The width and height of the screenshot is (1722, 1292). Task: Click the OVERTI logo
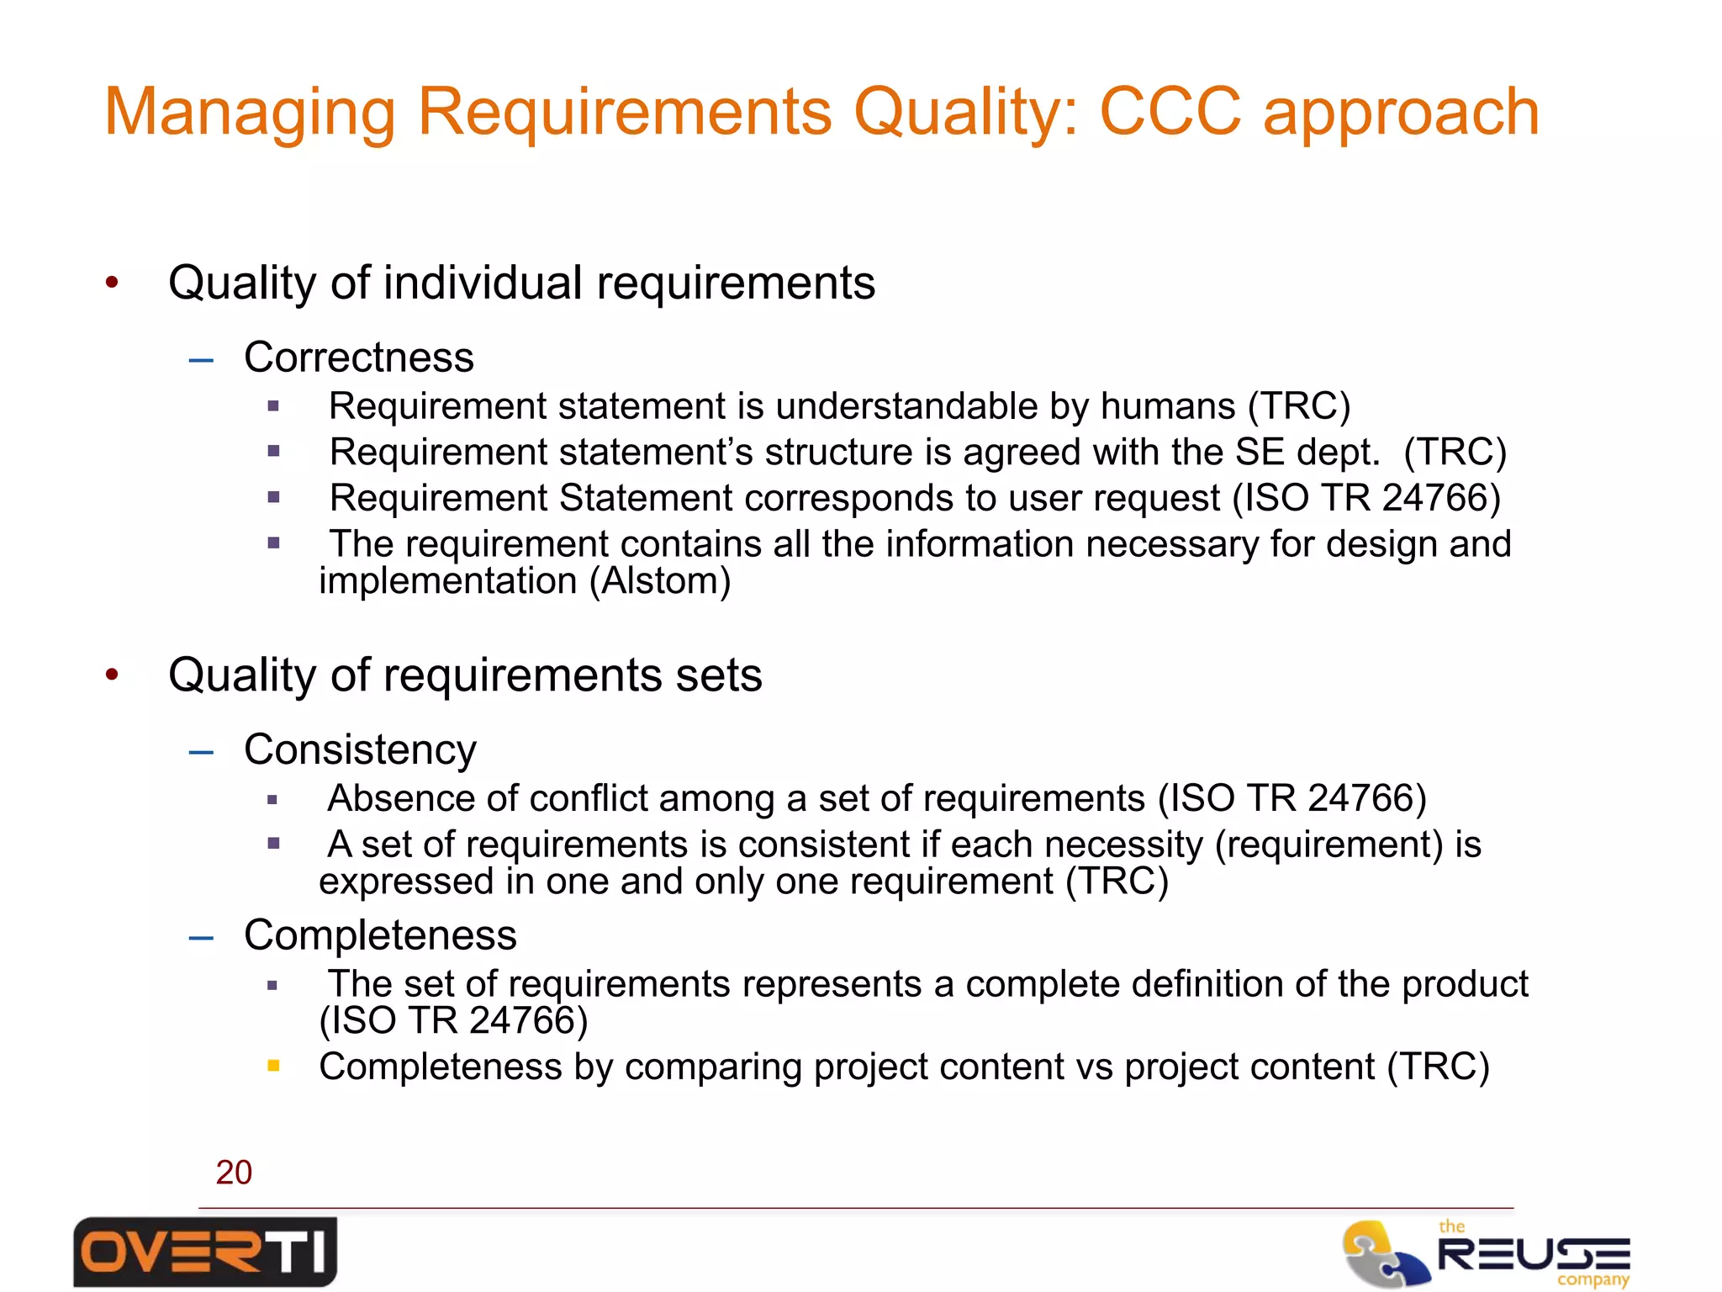click(205, 1252)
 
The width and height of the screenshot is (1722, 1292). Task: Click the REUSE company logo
click(1487, 1253)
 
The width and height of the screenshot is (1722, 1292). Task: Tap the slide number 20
click(234, 1172)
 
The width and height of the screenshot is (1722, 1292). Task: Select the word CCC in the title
click(1170, 111)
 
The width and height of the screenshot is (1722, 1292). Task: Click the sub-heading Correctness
click(359, 357)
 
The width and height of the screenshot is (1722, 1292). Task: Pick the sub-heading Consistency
click(360, 749)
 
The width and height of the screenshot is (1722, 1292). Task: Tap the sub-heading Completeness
click(380, 935)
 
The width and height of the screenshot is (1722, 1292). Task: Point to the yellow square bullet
click(273, 1066)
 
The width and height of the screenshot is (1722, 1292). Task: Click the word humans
click(1168, 406)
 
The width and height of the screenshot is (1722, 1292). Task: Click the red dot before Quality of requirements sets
click(112, 675)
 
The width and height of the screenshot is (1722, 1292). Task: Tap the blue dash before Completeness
click(202, 937)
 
